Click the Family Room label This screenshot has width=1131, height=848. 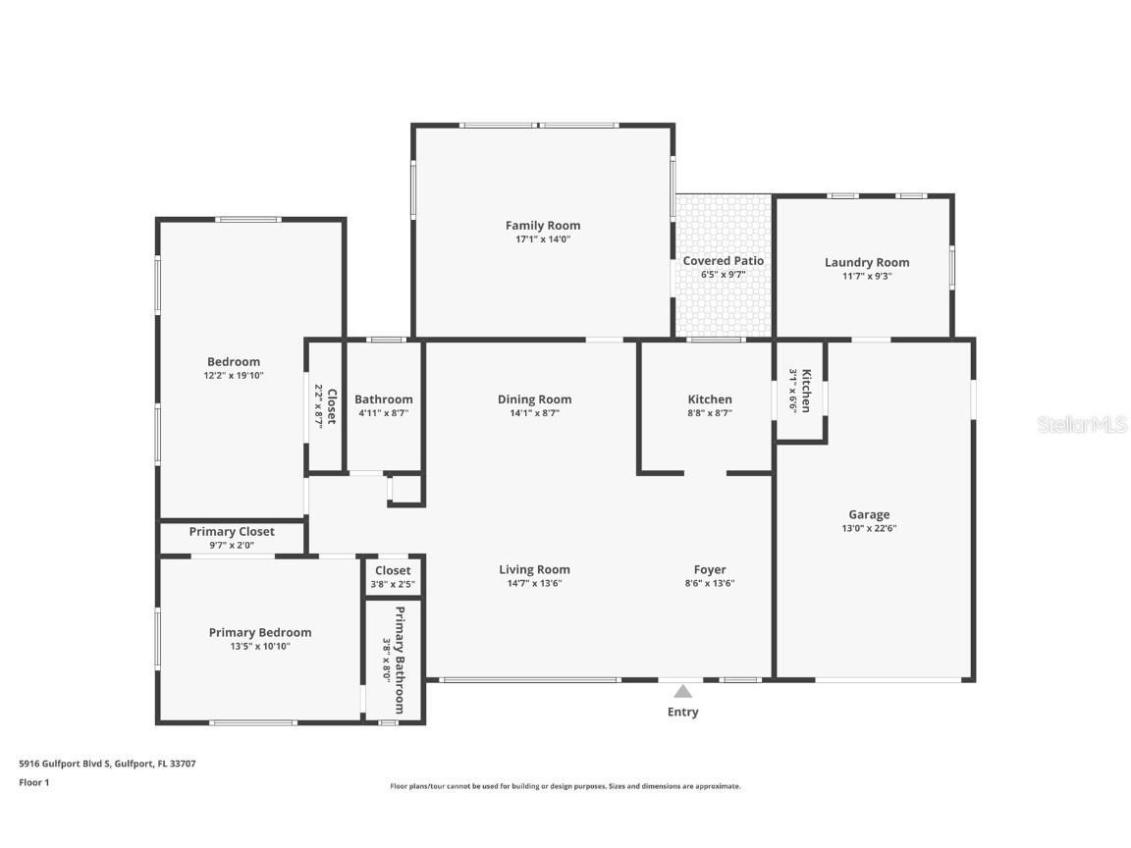coord(543,226)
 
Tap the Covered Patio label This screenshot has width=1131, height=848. coord(723,261)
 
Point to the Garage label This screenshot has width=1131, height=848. coord(869,514)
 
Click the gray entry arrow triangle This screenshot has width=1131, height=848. coord(682,692)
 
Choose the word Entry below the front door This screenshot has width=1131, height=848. coord(682,712)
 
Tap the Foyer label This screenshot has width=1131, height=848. coord(710,569)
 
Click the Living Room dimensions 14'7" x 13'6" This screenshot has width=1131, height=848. coord(534,583)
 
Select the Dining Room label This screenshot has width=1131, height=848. coord(534,399)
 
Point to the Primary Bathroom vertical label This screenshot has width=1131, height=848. coord(400,660)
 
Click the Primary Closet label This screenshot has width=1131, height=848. coord(232,531)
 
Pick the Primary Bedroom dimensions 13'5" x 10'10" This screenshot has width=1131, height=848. coord(259,646)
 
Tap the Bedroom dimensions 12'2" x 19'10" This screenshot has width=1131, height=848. coord(234,375)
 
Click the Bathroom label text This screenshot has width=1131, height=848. coord(383,399)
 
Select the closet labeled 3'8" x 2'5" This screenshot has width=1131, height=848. coord(393,577)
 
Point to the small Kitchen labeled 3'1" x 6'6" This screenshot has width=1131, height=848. coord(800,391)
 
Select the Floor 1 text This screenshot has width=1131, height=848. coord(34,782)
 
